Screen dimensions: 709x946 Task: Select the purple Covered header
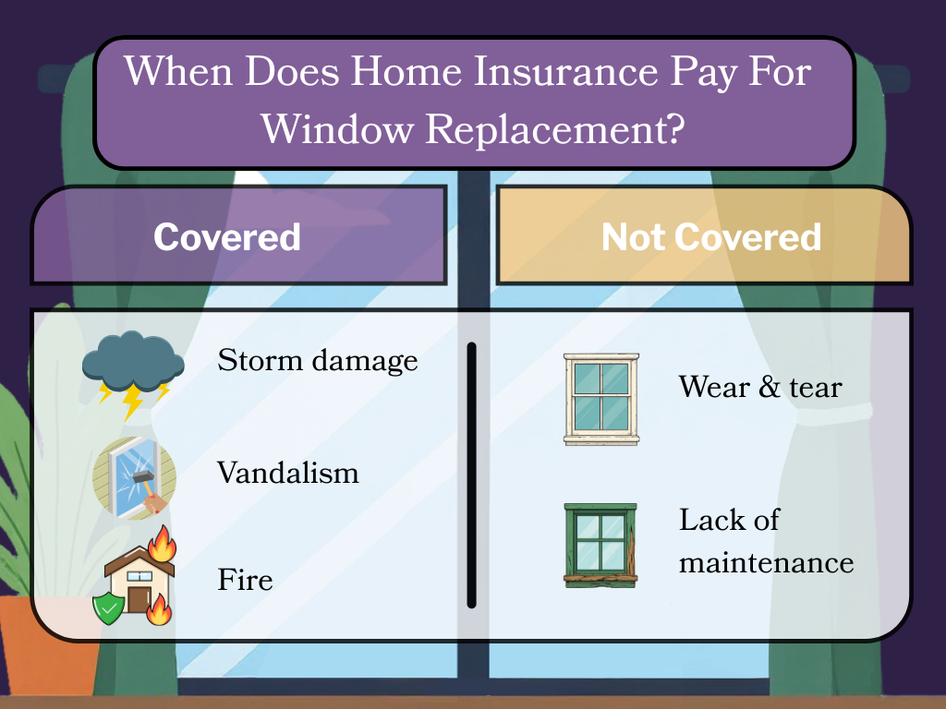coord(227,237)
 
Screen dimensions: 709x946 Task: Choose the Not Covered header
coord(710,237)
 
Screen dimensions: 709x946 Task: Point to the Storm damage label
coord(318,360)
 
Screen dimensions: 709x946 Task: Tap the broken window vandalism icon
coord(135,478)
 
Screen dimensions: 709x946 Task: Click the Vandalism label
coord(288,474)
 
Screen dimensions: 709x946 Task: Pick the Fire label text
coord(245,581)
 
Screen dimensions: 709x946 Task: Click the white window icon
coord(600,398)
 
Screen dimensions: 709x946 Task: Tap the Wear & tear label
coord(760,386)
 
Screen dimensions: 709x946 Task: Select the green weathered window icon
coord(600,545)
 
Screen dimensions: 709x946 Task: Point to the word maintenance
coord(766,561)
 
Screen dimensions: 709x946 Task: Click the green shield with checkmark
coord(108,607)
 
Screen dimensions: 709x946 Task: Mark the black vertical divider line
coord(471,475)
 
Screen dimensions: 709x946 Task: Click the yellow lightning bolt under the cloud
coord(133,401)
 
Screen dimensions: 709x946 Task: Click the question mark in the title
coord(673,130)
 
